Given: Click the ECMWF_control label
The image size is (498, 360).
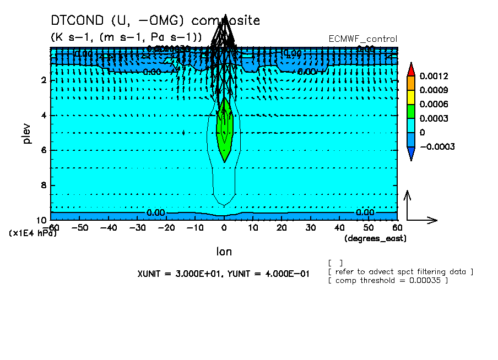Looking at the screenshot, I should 362,39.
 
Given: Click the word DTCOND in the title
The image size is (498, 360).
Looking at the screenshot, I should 77,21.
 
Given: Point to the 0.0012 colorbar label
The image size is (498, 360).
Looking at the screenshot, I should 434,76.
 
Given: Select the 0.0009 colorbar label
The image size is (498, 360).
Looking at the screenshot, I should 434,90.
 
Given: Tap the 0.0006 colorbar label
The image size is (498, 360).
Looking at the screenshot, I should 434,105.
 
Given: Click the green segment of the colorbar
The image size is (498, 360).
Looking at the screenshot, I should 410,111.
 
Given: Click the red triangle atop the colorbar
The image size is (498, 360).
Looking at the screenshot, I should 410,69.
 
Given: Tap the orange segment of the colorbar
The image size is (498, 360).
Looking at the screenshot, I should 410,83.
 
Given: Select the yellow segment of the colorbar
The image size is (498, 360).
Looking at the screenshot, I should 410,97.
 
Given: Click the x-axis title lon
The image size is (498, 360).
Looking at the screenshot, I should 224,252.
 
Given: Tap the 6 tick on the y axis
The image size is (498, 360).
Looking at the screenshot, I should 43,150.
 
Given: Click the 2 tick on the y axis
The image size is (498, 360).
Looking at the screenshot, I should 43,80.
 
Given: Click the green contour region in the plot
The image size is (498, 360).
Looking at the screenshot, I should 224,132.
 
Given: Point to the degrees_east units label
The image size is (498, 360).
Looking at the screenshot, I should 375,238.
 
